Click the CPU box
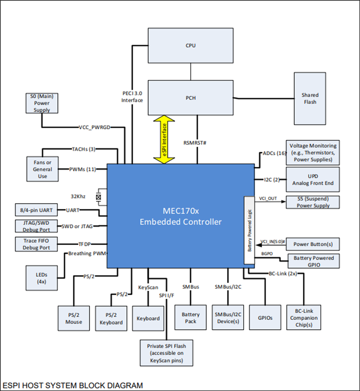coord(190,45)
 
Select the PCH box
coord(190,98)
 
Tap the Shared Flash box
coord(310,98)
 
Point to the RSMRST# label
coord(195,143)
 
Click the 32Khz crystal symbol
coord(99,197)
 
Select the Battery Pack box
coord(190,318)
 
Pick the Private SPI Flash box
coord(166,353)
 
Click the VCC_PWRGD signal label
coord(94,127)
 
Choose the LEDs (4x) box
coord(42,278)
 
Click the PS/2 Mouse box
coord(74,318)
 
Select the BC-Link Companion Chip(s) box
coord(304,318)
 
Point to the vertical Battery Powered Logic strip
coord(249,230)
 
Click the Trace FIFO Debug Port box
coord(36,244)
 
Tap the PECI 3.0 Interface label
coord(132,97)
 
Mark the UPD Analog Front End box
coord(312,180)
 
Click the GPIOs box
coord(265,318)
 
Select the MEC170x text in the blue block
coord(181,211)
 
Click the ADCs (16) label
coord(274,153)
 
